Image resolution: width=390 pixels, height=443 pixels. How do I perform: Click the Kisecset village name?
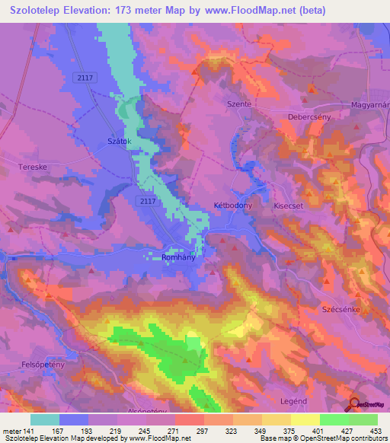pyautogui.click(x=289, y=206)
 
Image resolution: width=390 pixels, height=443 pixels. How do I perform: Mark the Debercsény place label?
pyautogui.click(x=310, y=118)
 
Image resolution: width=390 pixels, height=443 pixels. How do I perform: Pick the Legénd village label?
pyautogui.click(x=294, y=401)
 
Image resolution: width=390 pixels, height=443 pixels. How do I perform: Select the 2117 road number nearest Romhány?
pyautogui.click(x=149, y=200)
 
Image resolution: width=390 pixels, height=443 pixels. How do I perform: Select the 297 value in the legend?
pyautogui.click(x=203, y=431)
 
